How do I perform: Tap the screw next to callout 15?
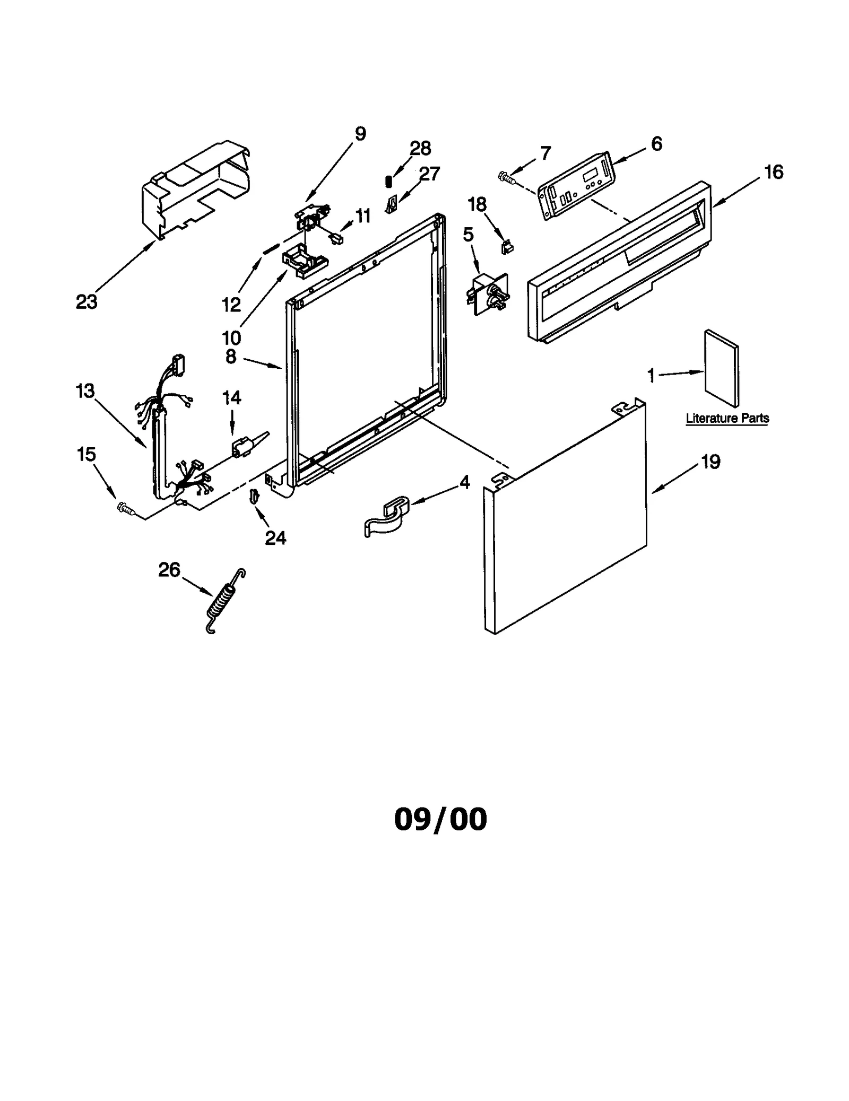[x=126, y=508]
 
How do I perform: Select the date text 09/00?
[x=440, y=819]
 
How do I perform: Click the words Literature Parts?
[x=726, y=418]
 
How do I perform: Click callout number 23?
[x=86, y=302]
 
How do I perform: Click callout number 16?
[x=774, y=172]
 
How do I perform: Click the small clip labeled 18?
[x=507, y=247]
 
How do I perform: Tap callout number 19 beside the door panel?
[x=711, y=462]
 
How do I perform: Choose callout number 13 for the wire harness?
[x=85, y=391]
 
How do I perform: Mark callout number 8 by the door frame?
[x=231, y=356]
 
